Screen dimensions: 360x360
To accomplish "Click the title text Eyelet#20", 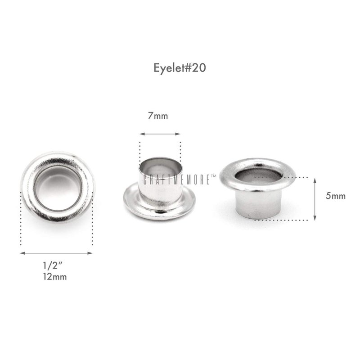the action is pyautogui.click(x=180, y=68).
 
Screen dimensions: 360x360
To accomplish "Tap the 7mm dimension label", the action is pyautogui.click(x=158, y=116).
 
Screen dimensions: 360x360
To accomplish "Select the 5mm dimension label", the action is pyautogui.click(x=335, y=196).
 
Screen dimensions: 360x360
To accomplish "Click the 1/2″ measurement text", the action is pyautogui.click(x=53, y=265).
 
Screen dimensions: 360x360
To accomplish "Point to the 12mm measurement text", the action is pyautogui.click(x=54, y=277).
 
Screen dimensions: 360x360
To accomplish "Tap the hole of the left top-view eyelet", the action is pyautogui.click(x=58, y=189).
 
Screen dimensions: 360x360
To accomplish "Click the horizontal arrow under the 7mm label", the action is pyautogui.click(x=160, y=134).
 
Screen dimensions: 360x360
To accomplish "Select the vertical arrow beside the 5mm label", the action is pyautogui.click(x=315, y=199).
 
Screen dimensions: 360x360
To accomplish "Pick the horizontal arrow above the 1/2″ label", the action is pyautogui.click(x=56, y=253).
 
